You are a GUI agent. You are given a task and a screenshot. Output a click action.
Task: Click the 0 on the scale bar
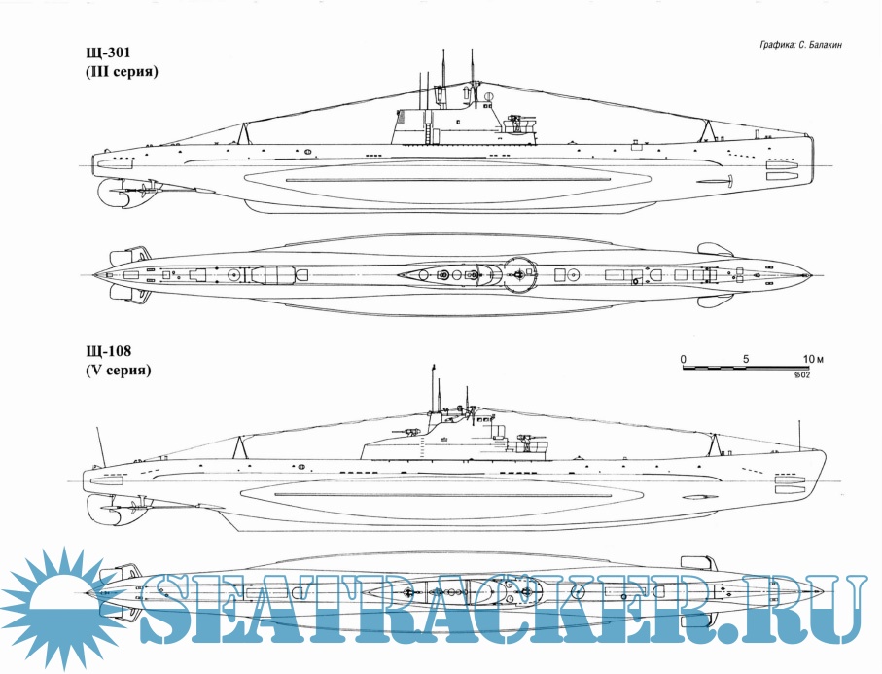tap(683, 359)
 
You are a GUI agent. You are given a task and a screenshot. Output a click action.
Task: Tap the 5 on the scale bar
tap(746, 359)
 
